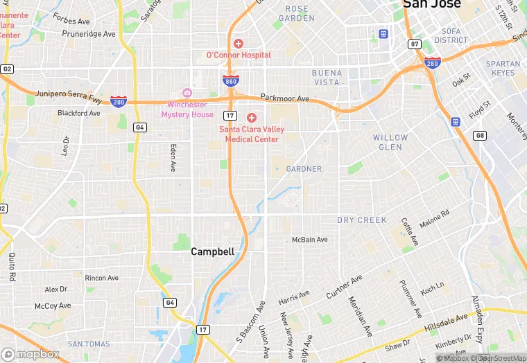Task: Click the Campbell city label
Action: [213, 252]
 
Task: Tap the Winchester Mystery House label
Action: [187, 109]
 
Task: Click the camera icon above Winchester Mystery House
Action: [187, 93]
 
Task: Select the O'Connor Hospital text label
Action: [239, 55]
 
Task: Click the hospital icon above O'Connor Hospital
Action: [239, 43]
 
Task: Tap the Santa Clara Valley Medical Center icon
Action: [252, 118]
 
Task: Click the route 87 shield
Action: [415, 44]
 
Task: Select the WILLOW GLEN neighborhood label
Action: [390, 142]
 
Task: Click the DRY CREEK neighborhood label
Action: [362, 220]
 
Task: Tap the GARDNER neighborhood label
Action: [304, 169]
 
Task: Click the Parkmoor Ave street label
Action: [285, 98]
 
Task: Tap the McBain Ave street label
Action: [309, 240]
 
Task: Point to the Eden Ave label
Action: [173, 157]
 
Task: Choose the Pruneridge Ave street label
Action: [89, 34]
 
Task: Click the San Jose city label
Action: [431, 4]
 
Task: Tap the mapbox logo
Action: [31, 354]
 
